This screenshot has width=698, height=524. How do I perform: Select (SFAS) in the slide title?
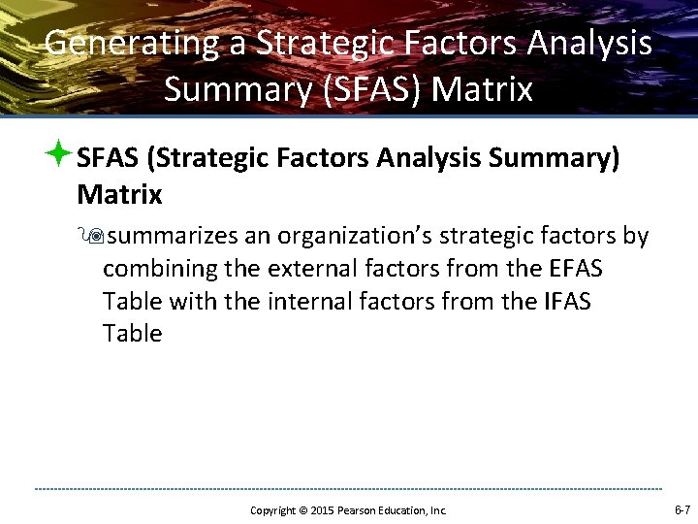(369, 89)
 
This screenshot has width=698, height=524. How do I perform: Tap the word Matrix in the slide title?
(482, 89)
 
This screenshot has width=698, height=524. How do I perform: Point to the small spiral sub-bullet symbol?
(95, 237)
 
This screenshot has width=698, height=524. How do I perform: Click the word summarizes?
(169, 237)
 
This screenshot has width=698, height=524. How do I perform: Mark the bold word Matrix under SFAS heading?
(119, 195)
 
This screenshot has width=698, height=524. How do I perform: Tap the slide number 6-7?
(682, 509)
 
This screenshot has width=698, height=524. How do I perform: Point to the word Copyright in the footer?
(272, 510)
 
